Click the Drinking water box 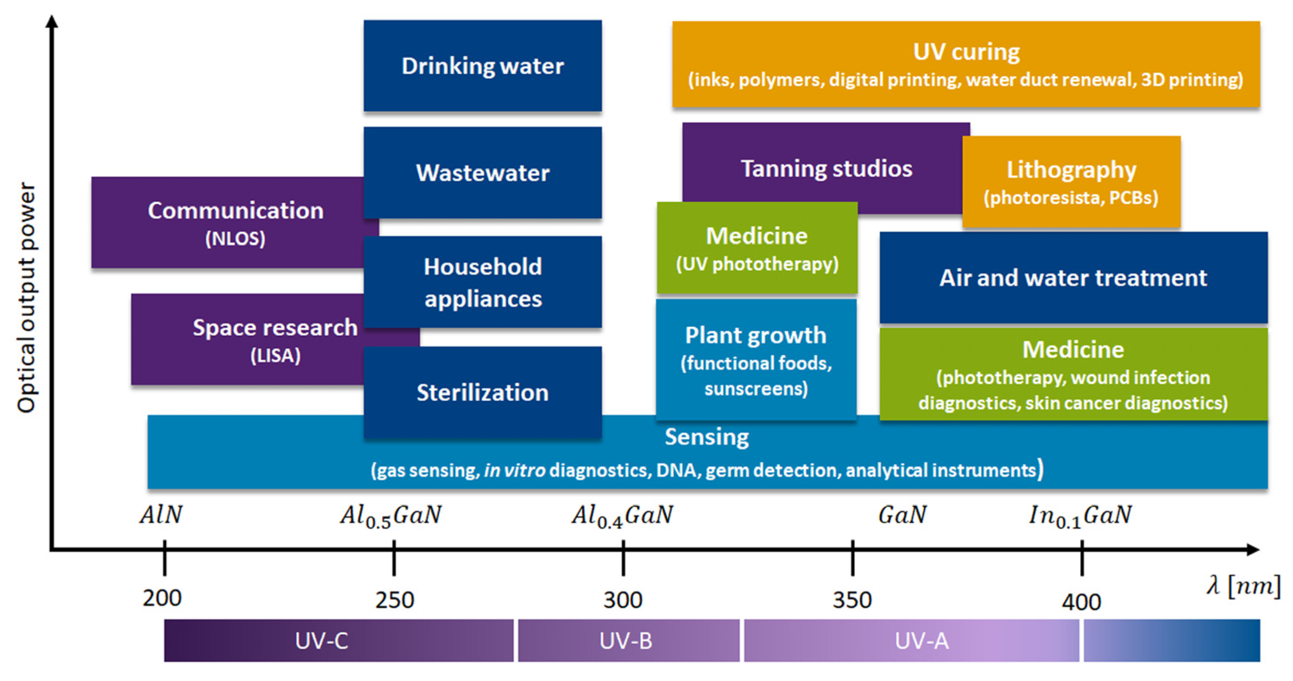483,66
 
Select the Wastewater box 483,172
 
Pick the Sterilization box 483,392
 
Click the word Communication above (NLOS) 235,210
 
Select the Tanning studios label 826,168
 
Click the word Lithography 1071,170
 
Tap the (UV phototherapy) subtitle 757,264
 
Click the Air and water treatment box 1073,278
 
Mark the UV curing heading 966,52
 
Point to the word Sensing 707,437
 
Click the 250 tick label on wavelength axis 394,600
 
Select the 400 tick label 1081,601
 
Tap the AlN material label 161,515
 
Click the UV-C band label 321,641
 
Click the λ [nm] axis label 1243,586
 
